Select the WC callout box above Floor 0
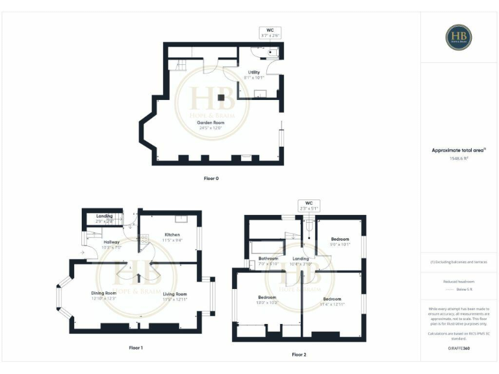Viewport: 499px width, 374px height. coord(270,33)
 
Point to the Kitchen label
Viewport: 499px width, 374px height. coord(172,234)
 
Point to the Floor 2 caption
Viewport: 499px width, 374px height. coord(299,355)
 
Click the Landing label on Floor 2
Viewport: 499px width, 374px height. coord(301,258)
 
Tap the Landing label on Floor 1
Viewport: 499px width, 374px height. coord(105,216)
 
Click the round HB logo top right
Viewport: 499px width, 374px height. coord(459,37)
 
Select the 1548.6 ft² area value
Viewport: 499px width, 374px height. coord(459,158)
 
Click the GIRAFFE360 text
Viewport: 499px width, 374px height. coord(459,349)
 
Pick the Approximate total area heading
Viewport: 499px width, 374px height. coord(459,150)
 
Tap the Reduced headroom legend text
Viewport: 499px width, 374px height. coord(459,281)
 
